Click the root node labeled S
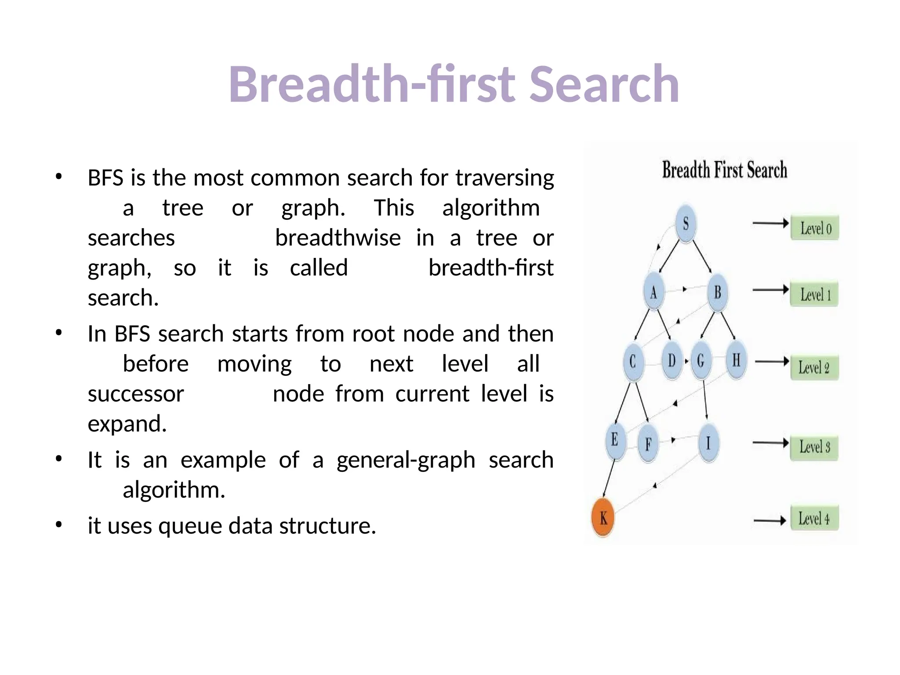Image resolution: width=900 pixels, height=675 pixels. pyautogui.click(x=686, y=224)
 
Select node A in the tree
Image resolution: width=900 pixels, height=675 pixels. pyautogui.click(x=653, y=292)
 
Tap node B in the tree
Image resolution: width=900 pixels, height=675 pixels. pyautogui.click(x=717, y=292)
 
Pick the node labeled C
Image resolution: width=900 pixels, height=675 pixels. pyautogui.click(x=633, y=362)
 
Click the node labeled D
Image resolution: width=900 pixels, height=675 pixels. pyautogui.click(x=671, y=361)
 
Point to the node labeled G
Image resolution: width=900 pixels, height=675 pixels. pyautogui.click(x=701, y=361)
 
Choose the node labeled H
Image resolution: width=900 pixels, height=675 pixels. pyautogui.click(x=736, y=360)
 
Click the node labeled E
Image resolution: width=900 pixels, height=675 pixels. pyautogui.click(x=615, y=440)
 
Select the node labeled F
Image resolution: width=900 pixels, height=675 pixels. pyautogui.click(x=648, y=444)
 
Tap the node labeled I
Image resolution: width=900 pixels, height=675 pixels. pyautogui.click(x=708, y=443)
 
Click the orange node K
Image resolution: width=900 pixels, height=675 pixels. pyautogui.click(x=603, y=518)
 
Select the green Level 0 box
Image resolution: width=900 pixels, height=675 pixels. pyautogui.click(x=815, y=228)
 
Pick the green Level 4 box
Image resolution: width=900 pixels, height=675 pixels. pyautogui.click(x=814, y=519)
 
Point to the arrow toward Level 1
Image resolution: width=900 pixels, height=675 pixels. pyautogui.click(x=770, y=290)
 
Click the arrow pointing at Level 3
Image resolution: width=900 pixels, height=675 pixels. pyautogui.click(x=770, y=443)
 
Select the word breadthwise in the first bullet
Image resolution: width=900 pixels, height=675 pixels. pyautogui.click(x=337, y=238)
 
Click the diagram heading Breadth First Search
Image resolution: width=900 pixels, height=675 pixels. pyautogui.click(x=724, y=171)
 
